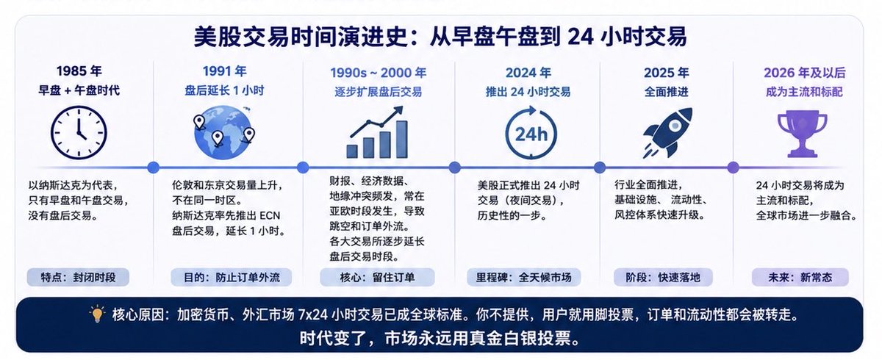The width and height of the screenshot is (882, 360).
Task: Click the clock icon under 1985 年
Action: point(79,132)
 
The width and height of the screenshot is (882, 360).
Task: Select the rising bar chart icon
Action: point(377,132)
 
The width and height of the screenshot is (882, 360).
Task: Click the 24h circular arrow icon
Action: point(531,132)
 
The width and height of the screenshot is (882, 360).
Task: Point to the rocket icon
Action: point(668,132)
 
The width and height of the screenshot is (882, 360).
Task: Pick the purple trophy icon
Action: point(802,134)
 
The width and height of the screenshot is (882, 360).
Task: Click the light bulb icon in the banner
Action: point(97,314)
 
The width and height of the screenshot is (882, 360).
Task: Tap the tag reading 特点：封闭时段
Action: point(78,278)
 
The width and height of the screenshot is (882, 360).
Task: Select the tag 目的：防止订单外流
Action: point(232,278)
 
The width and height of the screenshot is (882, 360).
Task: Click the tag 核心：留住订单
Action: point(377,278)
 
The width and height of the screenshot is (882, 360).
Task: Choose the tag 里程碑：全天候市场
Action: point(523,278)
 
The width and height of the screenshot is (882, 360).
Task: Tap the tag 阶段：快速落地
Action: point(663,278)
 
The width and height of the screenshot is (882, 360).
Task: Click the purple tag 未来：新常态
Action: point(800,278)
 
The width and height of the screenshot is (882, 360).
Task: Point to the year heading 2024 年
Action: point(528,73)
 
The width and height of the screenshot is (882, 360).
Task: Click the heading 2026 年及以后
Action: point(805,73)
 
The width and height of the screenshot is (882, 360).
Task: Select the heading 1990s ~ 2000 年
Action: point(378,73)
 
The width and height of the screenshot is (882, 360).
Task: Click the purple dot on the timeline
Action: point(733,168)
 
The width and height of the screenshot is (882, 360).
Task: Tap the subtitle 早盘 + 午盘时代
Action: point(79,90)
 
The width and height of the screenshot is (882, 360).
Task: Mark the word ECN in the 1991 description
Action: point(270,215)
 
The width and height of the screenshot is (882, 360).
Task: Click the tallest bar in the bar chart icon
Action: point(401,140)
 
